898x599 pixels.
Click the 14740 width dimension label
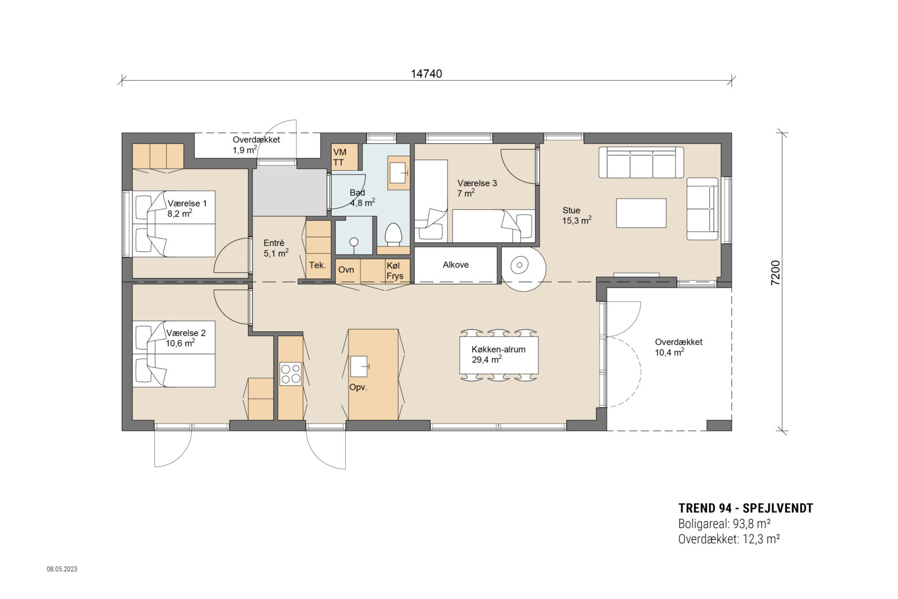427,74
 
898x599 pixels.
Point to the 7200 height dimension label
775,273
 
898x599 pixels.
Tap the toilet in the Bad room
393,235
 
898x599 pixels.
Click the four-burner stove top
291,374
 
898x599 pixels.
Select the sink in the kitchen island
359,366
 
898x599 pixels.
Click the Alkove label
456,265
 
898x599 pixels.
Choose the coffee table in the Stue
641,213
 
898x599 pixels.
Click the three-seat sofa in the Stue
641,162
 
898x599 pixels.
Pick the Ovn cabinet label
346,270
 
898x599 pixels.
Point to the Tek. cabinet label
318,265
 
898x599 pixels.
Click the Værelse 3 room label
477,183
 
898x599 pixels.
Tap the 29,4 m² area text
487,360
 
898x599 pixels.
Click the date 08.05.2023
62,569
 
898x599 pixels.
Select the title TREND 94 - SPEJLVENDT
745,509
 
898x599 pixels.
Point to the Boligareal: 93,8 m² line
723,524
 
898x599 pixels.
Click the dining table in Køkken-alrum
499,355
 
